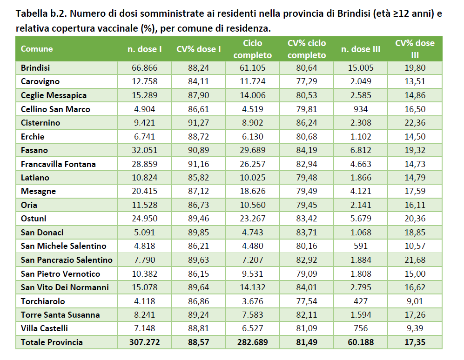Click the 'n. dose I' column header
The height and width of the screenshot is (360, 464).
(x=145, y=49)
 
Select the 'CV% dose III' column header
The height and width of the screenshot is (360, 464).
(x=415, y=49)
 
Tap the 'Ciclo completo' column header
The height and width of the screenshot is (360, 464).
(x=253, y=49)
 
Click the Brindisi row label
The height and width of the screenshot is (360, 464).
(x=35, y=68)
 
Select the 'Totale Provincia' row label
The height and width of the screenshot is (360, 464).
(x=52, y=342)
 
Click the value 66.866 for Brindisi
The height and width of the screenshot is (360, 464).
(x=145, y=68)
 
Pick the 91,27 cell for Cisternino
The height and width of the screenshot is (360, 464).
(x=199, y=123)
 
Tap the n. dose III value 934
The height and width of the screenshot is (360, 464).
(x=361, y=109)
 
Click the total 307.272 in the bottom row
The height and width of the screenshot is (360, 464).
(x=145, y=342)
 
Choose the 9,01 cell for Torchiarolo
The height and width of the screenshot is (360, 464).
(x=415, y=301)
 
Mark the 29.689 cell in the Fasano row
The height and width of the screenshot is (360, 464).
(x=253, y=150)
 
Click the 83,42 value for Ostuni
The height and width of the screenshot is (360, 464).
(x=307, y=219)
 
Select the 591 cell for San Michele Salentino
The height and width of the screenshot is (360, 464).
(x=361, y=246)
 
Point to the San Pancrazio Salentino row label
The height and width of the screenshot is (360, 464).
(x=67, y=260)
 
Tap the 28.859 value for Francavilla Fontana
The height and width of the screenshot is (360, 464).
(x=145, y=164)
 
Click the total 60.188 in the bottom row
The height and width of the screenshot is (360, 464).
(x=361, y=342)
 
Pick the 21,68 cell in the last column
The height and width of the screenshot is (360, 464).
(x=415, y=260)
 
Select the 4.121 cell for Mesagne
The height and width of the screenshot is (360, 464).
(x=361, y=191)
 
